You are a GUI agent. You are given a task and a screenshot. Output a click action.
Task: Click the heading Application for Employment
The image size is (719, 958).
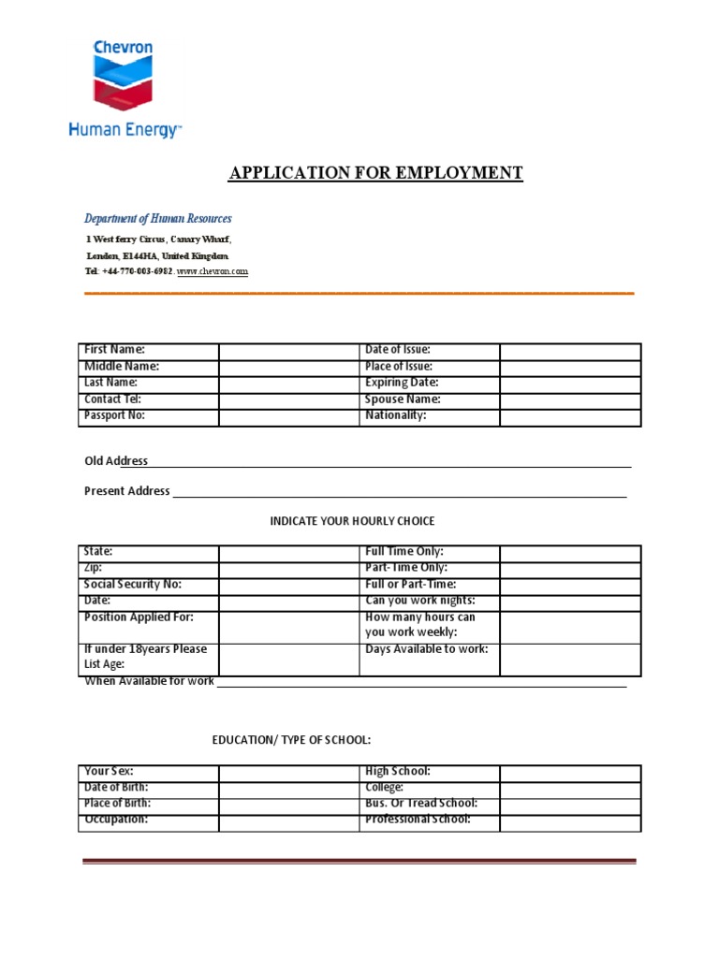(376, 173)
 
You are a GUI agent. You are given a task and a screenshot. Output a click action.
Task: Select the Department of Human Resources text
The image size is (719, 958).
(158, 219)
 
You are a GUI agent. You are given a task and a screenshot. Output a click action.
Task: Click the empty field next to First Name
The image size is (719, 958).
(288, 351)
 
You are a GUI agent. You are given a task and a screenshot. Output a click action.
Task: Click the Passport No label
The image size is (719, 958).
(115, 415)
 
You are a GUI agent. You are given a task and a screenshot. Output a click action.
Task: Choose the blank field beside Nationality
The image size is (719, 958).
(569, 416)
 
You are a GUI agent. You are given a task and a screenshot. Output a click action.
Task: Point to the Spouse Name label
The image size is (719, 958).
(403, 399)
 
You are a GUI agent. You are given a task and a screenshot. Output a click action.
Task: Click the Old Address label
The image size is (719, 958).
(116, 461)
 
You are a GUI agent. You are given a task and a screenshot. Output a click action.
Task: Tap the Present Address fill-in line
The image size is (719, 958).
(399, 492)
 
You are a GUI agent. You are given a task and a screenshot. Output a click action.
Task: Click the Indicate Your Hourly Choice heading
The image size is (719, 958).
(352, 521)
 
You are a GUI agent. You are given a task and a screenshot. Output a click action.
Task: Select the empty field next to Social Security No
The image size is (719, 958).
(288, 585)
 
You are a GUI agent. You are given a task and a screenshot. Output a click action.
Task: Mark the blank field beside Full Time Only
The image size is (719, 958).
(569, 553)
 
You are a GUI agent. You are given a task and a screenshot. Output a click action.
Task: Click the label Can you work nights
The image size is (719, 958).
(419, 601)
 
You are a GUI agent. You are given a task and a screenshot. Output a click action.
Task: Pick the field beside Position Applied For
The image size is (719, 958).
(288, 626)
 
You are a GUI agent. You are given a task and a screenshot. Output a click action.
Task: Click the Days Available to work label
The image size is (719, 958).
(426, 649)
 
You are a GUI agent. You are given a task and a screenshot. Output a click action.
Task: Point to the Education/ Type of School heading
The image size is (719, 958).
(291, 740)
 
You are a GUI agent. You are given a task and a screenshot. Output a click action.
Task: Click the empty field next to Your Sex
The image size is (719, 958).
(288, 773)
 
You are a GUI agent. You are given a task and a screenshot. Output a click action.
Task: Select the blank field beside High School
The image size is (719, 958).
(569, 773)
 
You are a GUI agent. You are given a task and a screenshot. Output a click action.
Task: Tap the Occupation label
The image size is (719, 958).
(116, 820)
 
